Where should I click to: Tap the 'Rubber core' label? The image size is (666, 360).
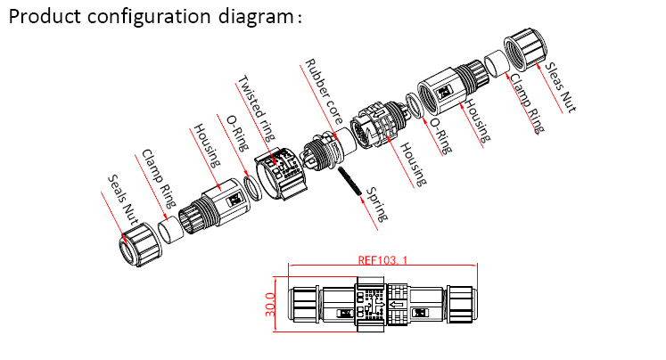(322, 91)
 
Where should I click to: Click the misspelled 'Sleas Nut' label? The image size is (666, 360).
(561, 86)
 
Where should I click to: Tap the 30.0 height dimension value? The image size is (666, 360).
(270, 307)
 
